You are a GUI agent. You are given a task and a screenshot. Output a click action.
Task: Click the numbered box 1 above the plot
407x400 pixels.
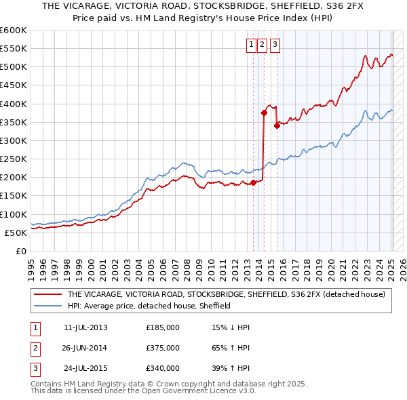click(x=251, y=45)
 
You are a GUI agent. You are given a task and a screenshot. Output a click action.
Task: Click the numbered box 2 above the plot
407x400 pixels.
click(x=262, y=45)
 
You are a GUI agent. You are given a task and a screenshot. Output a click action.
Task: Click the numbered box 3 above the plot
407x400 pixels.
click(x=275, y=45)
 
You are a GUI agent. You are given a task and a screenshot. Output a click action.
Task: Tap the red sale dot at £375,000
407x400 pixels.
click(x=264, y=113)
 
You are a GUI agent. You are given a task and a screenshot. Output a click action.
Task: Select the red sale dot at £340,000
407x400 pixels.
click(x=277, y=125)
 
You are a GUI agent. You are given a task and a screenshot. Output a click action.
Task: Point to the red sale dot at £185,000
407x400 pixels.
click(x=253, y=182)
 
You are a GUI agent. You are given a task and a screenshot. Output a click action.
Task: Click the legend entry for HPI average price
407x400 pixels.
click(x=149, y=306)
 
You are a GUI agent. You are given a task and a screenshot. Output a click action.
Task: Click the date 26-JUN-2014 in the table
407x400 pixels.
click(x=85, y=348)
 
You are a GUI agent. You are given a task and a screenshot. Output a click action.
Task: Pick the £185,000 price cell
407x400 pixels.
click(x=163, y=327)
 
